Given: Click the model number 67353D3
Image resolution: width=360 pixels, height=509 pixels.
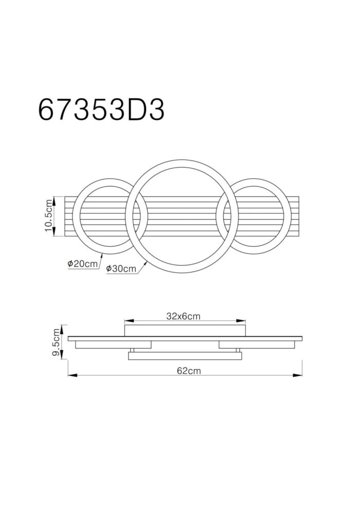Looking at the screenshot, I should [101, 109].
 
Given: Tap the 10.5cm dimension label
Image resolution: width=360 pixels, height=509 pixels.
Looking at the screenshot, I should [49, 216].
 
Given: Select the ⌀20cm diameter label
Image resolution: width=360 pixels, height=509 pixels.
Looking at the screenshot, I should [82, 264].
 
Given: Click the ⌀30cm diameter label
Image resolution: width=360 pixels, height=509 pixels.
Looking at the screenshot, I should [121, 268].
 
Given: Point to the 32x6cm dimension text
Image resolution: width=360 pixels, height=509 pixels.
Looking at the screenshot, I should [183, 316].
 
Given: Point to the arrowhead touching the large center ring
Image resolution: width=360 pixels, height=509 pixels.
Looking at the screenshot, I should [146, 262].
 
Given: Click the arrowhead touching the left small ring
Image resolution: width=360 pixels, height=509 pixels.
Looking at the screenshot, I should [103, 253].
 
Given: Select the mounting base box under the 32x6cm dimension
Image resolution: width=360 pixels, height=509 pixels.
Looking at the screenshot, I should [186, 330].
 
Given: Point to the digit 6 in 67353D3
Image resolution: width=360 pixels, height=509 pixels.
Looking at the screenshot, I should [47, 109].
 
